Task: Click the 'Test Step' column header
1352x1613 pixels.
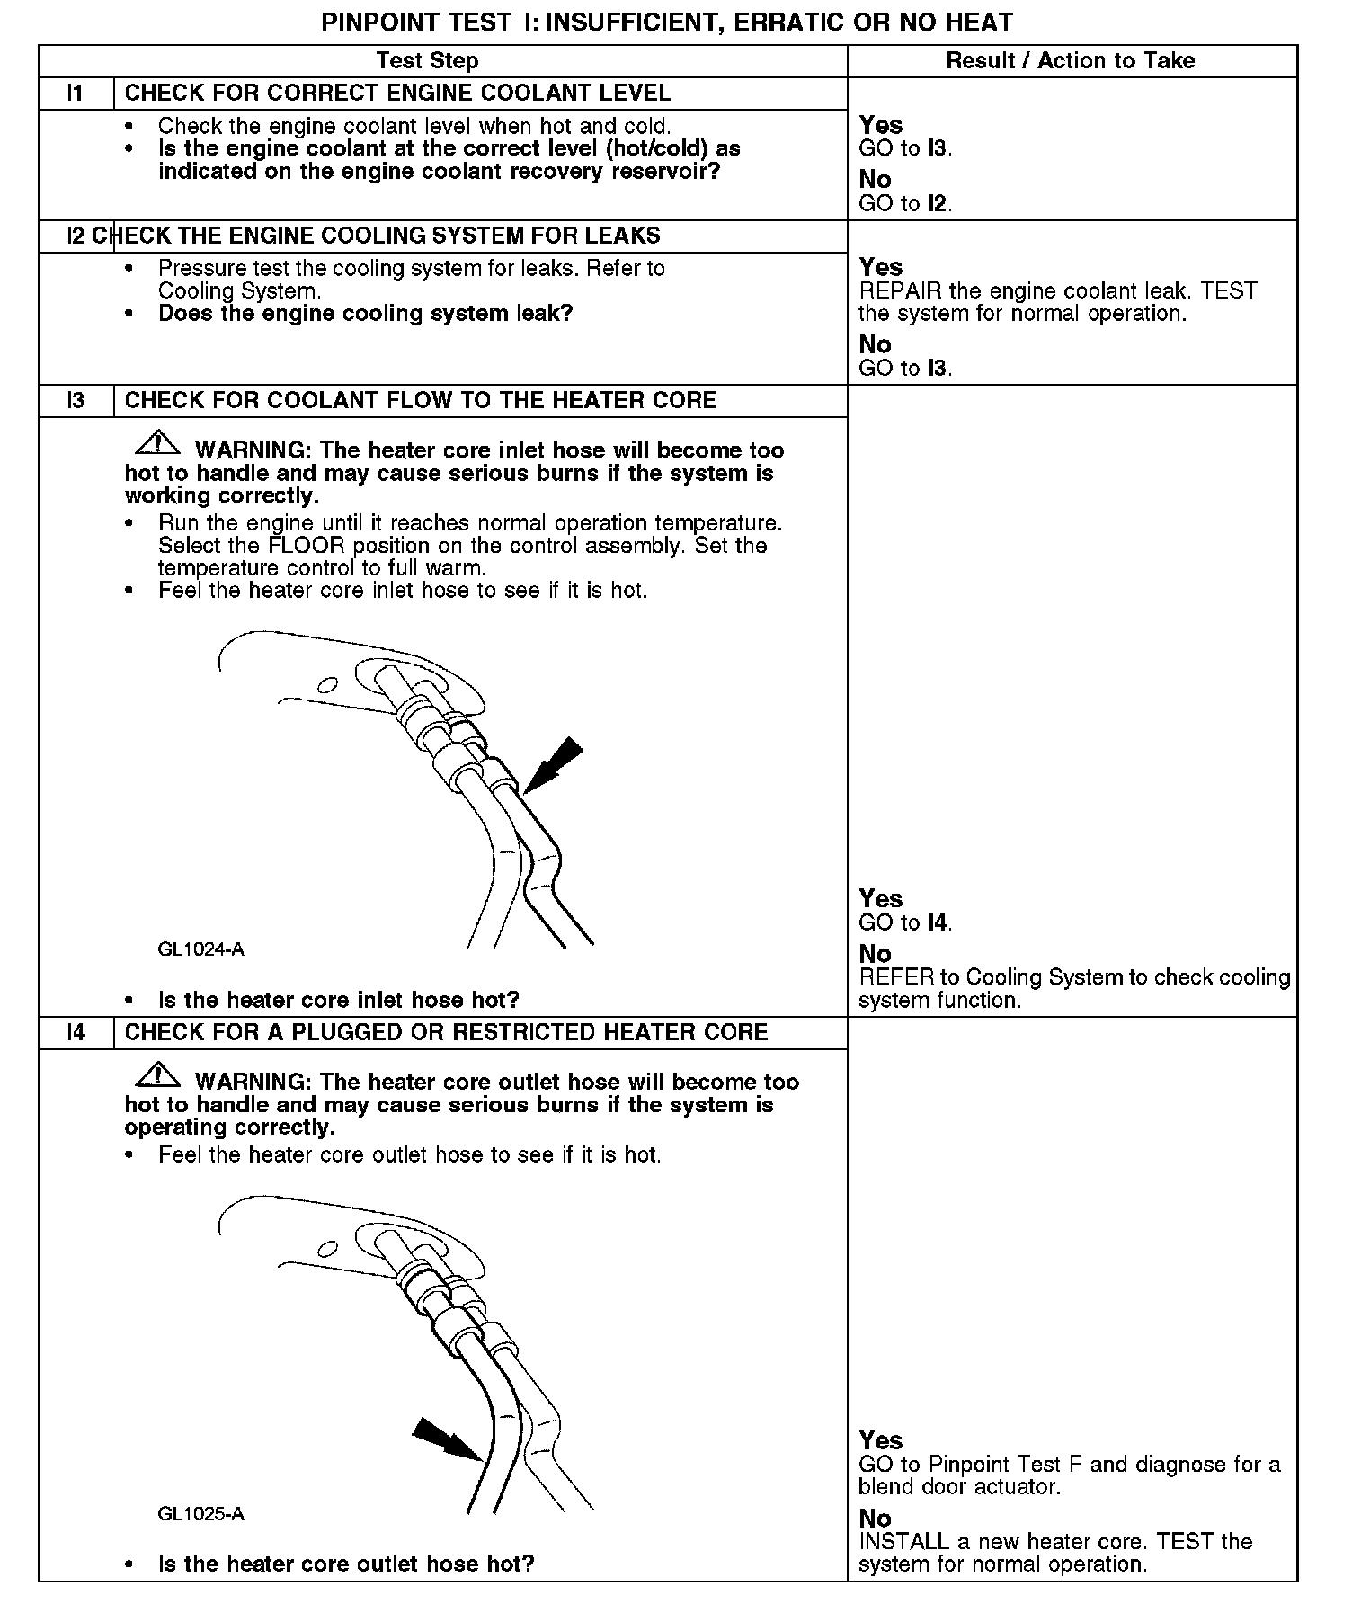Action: pyautogui.click(x=427, y=61)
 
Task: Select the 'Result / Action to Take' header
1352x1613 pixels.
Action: pyautogui.click(x=1071, y=61)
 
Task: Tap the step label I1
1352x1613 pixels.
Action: pyautogui.click(x=76, y=94)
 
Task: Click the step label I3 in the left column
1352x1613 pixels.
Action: pyautogui.click(x=76, y=401)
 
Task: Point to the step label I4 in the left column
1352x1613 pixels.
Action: pyautogui.click(x=76, y=1032)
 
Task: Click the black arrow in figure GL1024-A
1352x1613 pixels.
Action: pyautogui.click(x=552, y=765)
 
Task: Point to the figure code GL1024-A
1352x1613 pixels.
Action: pyautogui.click(x=200, y=949)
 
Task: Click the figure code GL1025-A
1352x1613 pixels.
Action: pyautogui.click(x=200, y=1514)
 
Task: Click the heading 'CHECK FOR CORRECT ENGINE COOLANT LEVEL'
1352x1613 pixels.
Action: pyautogui.click(x=397, y=94)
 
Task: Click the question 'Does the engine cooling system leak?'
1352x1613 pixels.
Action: pyautogui.click(x=366, y=314)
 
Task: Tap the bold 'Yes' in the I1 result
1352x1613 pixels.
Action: pyautogui.click(x=881, y=125)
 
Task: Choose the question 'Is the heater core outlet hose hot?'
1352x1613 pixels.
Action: pyautogui.click(x=346, y=1564)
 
